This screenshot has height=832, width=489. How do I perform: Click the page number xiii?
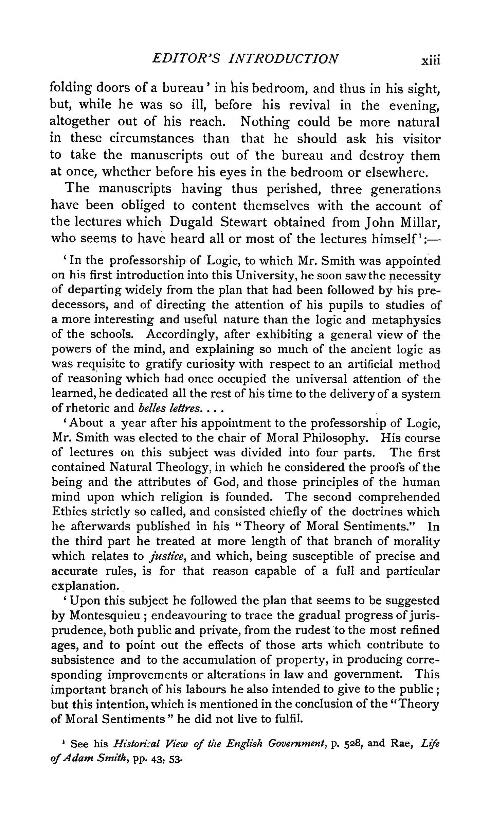[430, 60]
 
